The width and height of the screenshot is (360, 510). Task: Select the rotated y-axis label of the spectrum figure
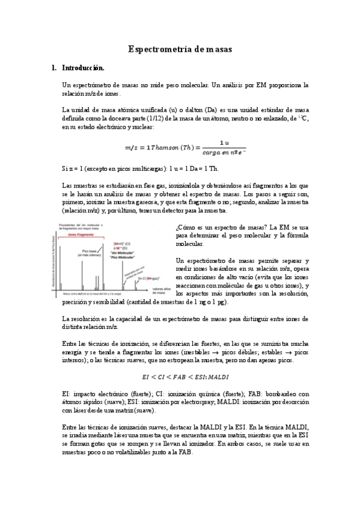(x=56, y=259)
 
